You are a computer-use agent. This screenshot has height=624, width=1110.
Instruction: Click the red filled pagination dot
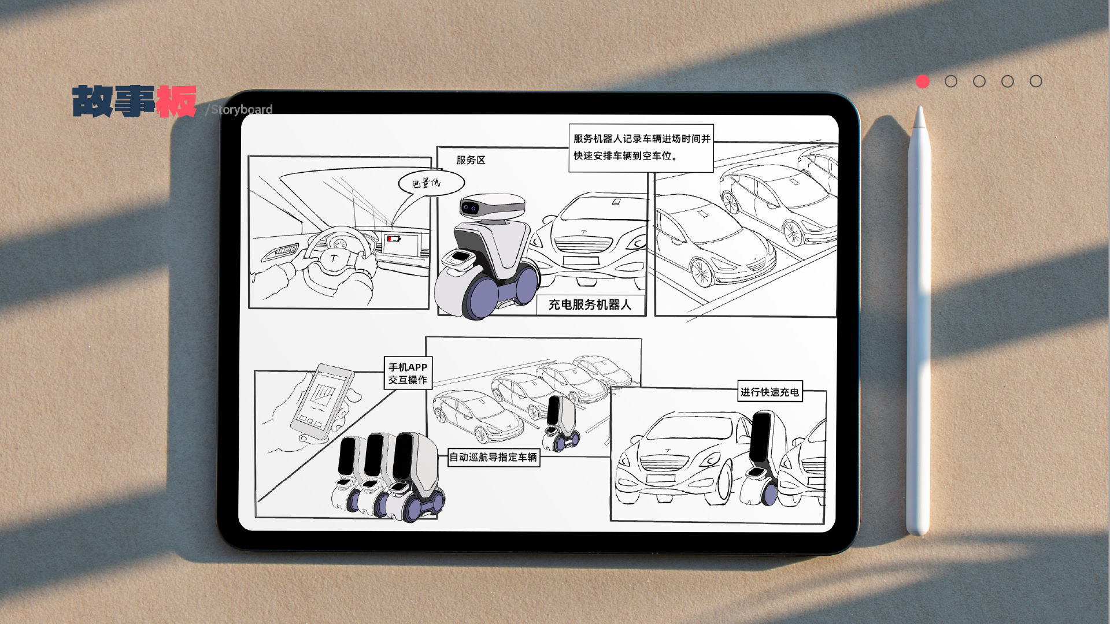923,81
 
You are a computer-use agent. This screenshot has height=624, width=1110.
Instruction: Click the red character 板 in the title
176,102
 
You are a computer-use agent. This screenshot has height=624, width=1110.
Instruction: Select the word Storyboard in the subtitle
242,110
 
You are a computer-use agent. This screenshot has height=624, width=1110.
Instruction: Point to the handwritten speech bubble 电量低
430,183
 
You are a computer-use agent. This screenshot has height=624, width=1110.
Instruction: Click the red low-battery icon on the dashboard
394,239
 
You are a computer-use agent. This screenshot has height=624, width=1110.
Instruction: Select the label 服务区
471,160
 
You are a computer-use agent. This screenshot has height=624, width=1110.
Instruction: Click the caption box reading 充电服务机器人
590,304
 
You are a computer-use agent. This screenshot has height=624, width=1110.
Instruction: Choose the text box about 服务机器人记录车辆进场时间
641,148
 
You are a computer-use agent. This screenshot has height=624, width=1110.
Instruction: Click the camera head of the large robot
491,206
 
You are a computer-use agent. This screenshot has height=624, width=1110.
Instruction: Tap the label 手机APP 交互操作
408,373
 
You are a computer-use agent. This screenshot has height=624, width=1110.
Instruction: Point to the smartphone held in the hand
321,402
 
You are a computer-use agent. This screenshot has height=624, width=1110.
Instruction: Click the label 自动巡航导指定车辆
494,457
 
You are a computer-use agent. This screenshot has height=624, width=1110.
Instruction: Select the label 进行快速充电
769,392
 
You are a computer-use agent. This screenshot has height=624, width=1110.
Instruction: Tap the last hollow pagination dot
1036,81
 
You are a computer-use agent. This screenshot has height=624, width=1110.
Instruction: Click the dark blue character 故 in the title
92,102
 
